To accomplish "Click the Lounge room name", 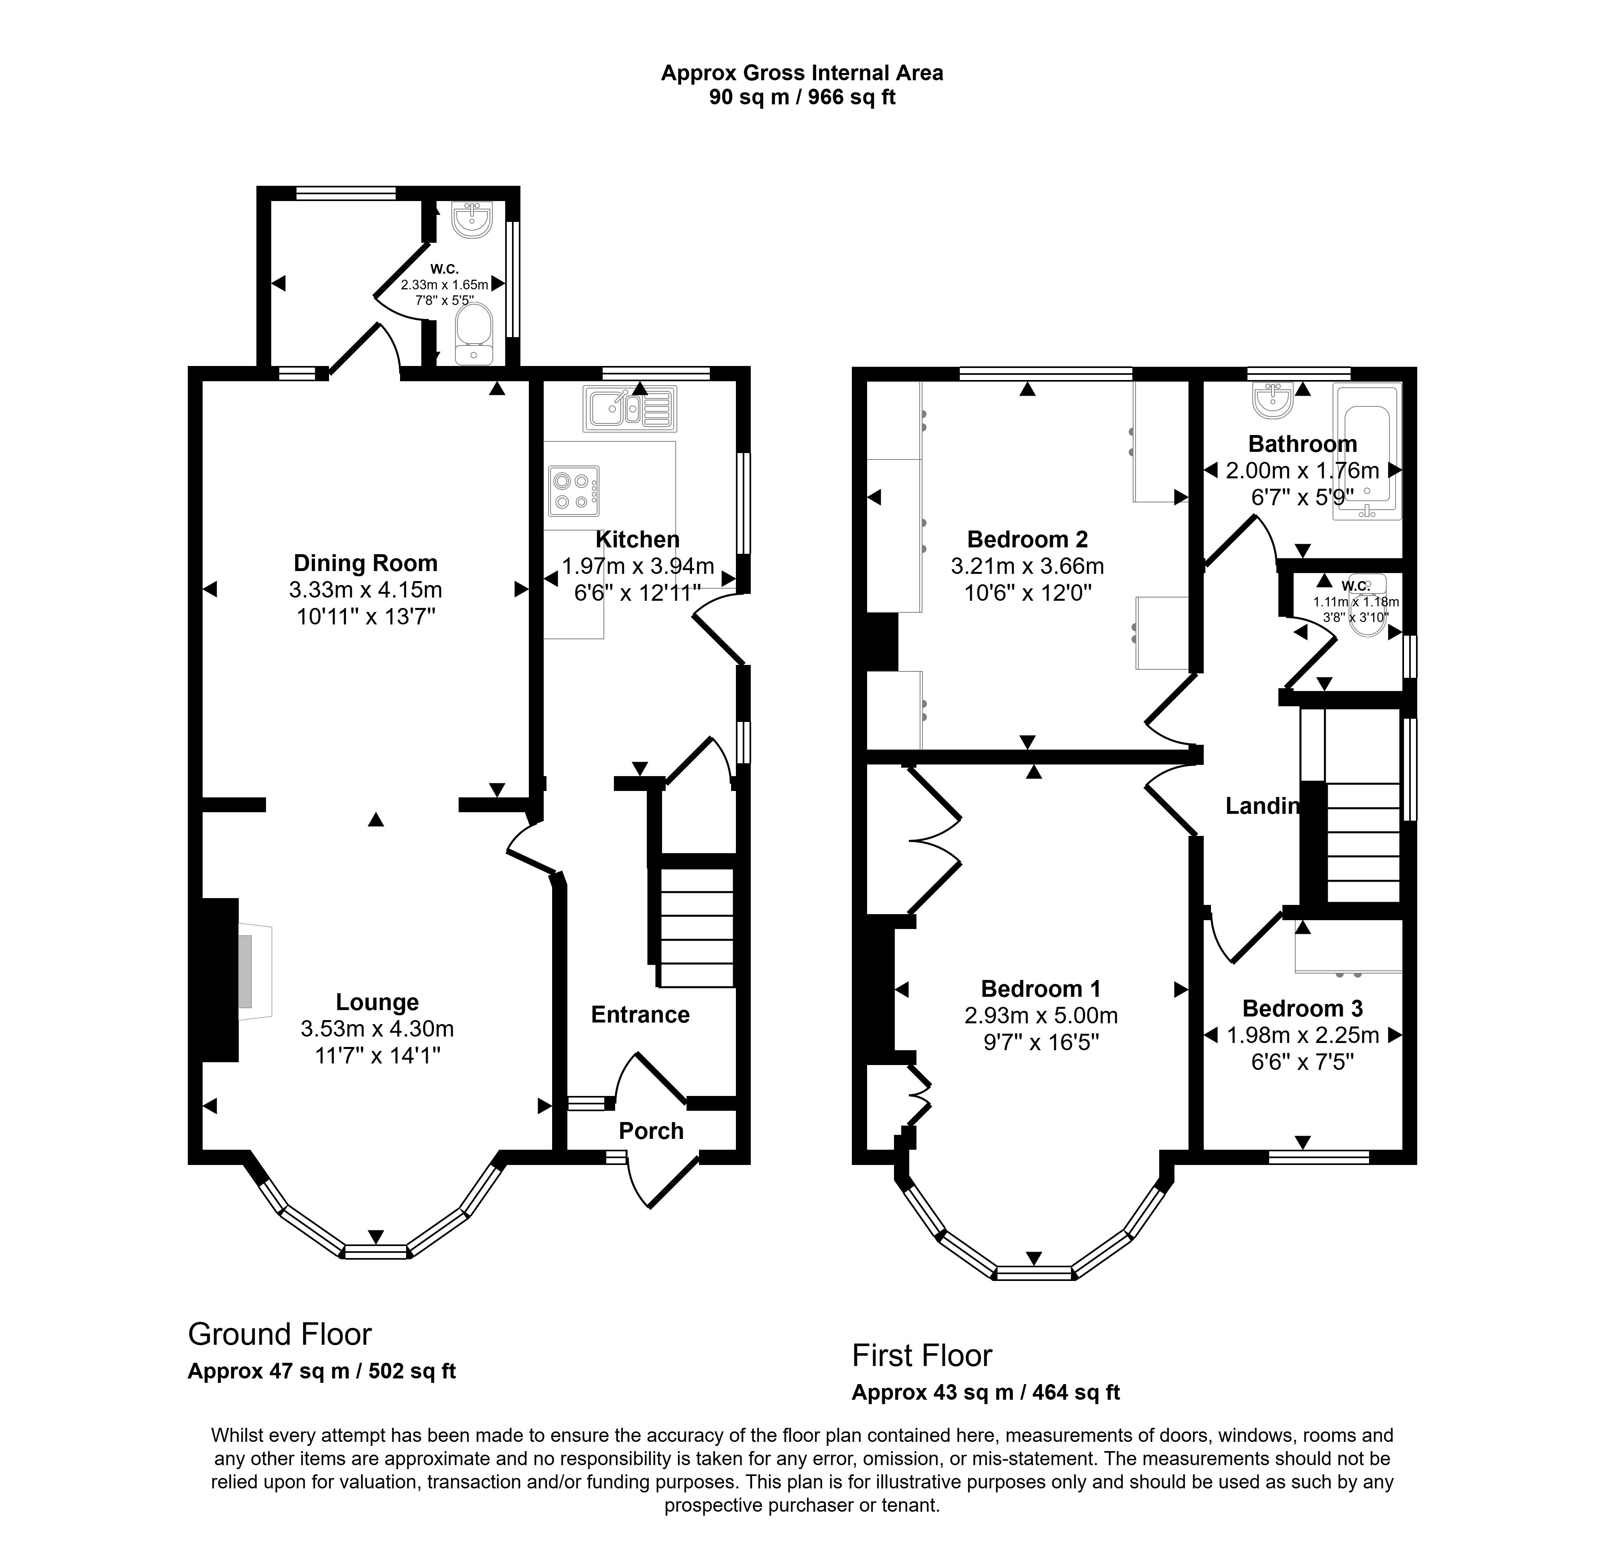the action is [378, 1002].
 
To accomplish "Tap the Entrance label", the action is [640, 1015].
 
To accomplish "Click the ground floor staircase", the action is [696, 928].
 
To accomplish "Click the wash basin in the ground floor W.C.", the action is [473, 220].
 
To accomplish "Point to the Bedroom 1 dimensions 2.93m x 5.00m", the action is [1041, 1016].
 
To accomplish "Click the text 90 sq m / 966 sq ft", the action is [802, 98].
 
